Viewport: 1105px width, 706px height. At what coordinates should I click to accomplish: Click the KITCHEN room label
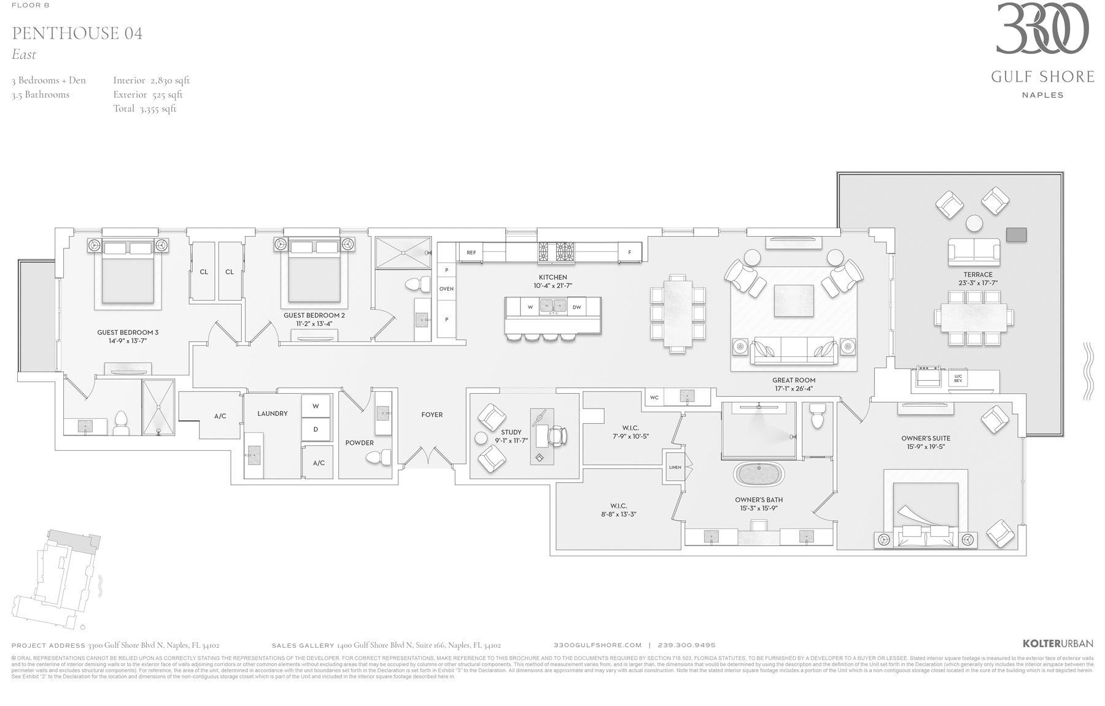click(x=552, y=277)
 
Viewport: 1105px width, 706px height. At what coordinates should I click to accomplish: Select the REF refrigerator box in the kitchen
click(x=471, y=252)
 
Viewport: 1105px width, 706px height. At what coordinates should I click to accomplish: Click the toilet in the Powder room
click(x=377, y=457)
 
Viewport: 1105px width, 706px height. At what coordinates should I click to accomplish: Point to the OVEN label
click(x=446, y=288)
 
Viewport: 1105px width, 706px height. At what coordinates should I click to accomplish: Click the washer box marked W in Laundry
click(x=316, y=406)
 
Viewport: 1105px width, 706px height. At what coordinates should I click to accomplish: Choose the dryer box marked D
click(x=316, y=429)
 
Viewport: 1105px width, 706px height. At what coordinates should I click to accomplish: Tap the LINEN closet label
click(x=675, y=467)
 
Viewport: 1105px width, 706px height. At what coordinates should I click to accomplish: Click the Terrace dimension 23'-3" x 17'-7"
click(x=977, y=283)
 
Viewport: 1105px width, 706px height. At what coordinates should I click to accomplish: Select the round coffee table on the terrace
click(x=974, y=223)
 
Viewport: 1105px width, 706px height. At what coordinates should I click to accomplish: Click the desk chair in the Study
click(x=556, y=436)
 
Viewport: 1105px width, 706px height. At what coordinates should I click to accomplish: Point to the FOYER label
click(x=432, y=415)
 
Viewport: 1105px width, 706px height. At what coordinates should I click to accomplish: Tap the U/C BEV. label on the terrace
click(x=958, y=379)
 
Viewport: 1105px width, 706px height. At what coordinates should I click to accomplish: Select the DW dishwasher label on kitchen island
click(x=576, y=307)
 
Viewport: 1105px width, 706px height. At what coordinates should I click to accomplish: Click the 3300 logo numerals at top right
click(x=1042, y=29)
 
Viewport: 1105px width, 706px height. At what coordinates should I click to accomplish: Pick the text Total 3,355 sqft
click(x=144, y=109)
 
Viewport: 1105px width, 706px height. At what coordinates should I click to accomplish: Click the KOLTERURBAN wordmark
click(x=1057, y=643)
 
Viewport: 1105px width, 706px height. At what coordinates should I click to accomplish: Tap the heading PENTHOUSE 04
click(x=77, y=33)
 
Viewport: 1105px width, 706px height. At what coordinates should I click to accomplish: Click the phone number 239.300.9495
click(x=686, y=645)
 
